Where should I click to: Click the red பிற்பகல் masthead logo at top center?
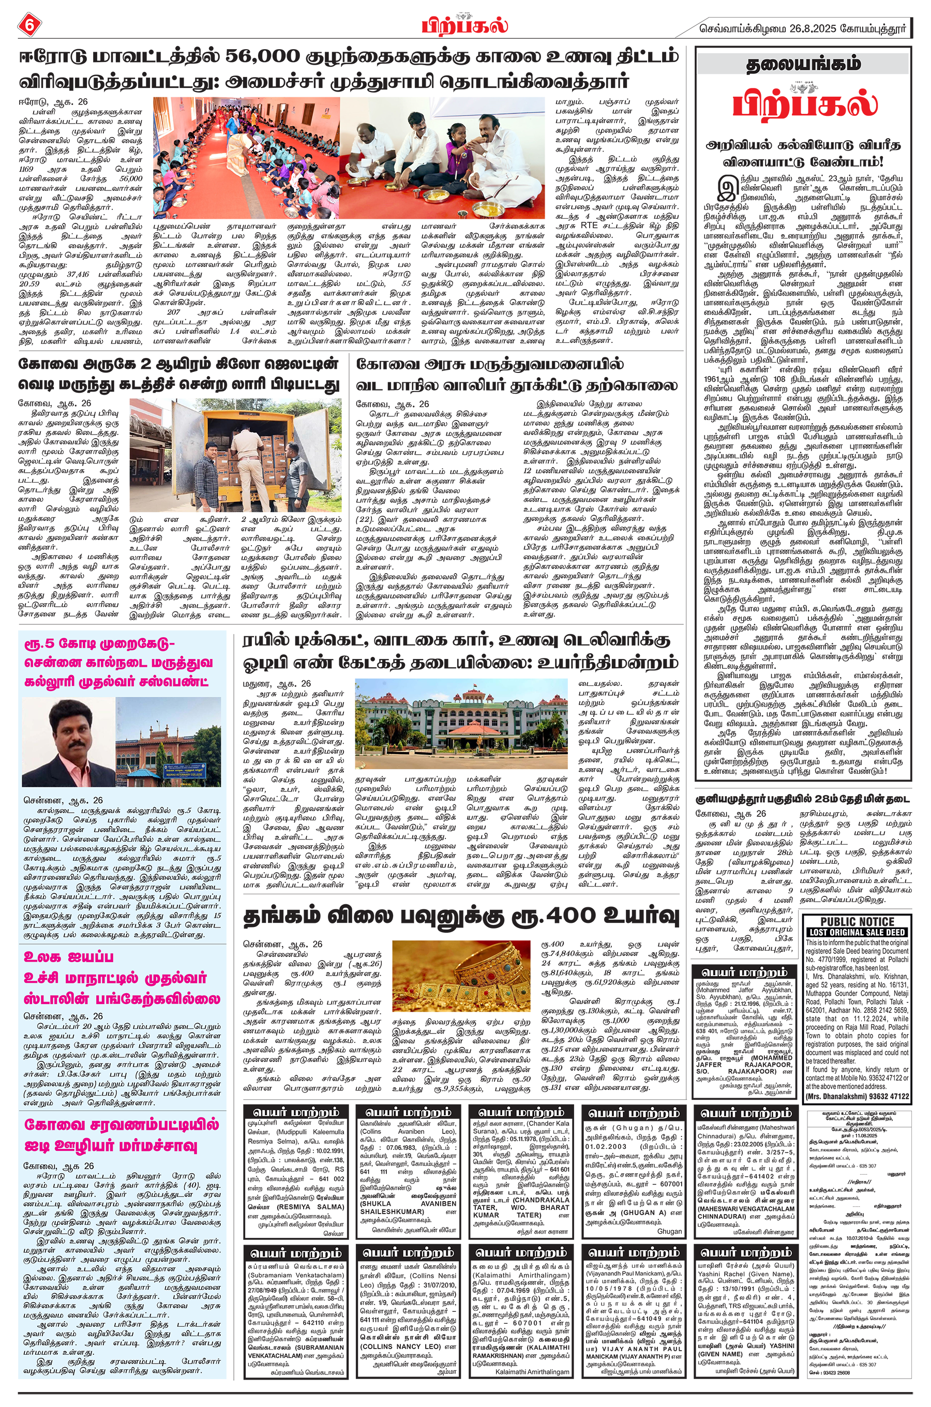tap(465, 25)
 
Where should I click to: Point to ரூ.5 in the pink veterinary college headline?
tap(39, 644)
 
